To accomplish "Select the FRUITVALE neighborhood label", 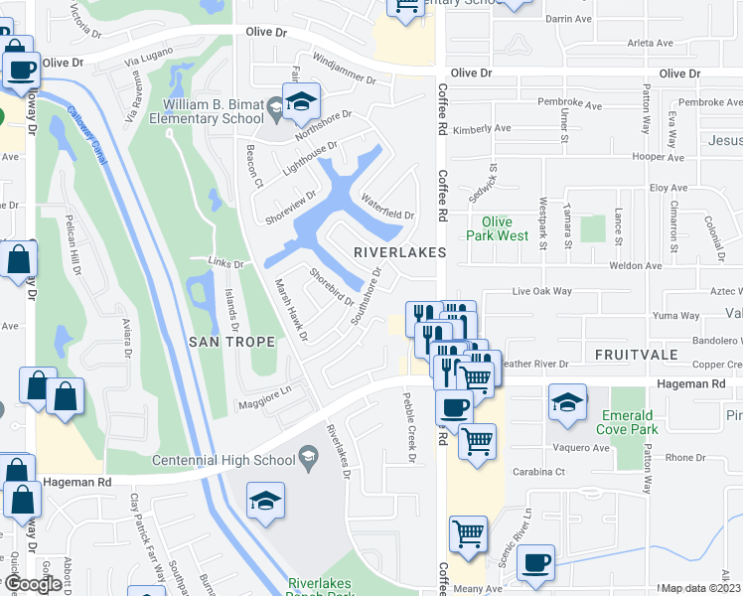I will tap(636, 354).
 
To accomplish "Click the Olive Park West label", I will tap(498, 228).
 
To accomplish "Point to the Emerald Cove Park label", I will tap(627, 422).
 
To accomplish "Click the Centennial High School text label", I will tap(223, 460).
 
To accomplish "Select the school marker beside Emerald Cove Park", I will tap(567, 403).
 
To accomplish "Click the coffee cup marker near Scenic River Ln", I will tap(537, 561).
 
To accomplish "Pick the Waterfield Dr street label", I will tap(387, 208).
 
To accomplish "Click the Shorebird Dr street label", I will tap(331, 287).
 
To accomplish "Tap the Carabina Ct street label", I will tap(536, 474).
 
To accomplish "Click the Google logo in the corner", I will tap(33, 584).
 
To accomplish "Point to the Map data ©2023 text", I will tap(701, 588).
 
